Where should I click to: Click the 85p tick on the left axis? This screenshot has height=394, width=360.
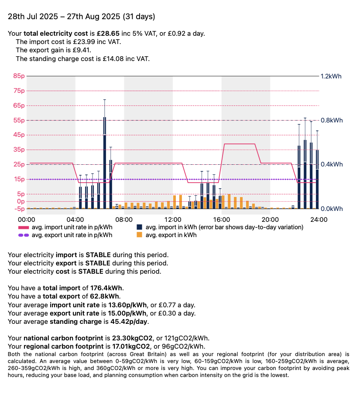pos(19,76)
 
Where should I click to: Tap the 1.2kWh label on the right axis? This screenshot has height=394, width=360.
pos(331,76)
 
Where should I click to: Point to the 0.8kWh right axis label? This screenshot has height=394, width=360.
pos(331,120)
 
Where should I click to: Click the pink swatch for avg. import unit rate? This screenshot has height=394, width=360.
pos(24,227)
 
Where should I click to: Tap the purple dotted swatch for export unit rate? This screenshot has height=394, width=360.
pos(24,235)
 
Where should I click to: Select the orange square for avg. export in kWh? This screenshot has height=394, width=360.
pos(140,235)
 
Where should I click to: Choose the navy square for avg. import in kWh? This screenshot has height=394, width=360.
pos(140,227)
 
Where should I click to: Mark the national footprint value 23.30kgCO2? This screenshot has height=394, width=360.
pos(132,338)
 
